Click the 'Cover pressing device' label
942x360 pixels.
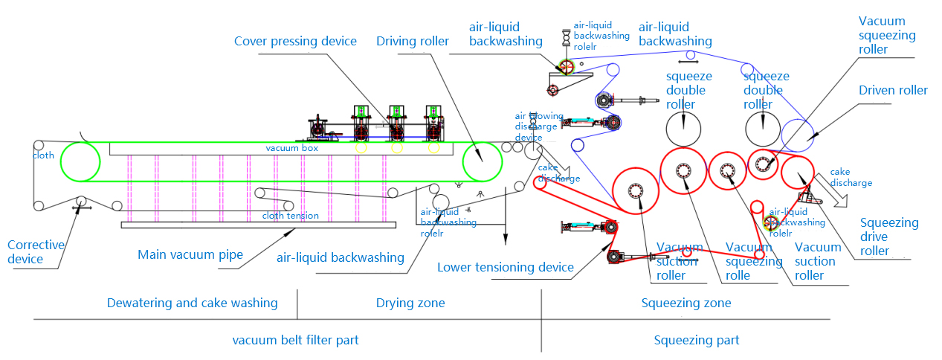click(x=295, y=42)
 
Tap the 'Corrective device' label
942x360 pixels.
click(x=36, y=252)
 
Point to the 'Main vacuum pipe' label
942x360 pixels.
click(x=190, y=255)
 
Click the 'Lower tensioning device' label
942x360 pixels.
click(x=505, y=267)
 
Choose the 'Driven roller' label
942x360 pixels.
click(x=893, y=91)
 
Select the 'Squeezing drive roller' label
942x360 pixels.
click(x=888, y=237)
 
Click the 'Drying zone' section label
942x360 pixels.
click(x=410, y=303)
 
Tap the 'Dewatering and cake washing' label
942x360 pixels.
click(x=192, y=303)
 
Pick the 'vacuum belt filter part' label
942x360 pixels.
click(x=295, y=340)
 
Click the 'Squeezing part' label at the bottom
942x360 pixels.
click(x=696, y=340)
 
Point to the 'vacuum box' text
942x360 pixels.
click(x=291, y=149)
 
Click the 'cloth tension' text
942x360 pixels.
click(x=290, y=216)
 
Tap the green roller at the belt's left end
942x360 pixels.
click(x=80, y=162)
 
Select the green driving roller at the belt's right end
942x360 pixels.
click(x=482, y=162)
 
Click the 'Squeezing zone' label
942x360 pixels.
click(x=685, y=303)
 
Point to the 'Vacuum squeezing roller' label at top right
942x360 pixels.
click(x=886, y=35)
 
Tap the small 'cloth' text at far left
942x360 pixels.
click(x=43, y=155)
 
